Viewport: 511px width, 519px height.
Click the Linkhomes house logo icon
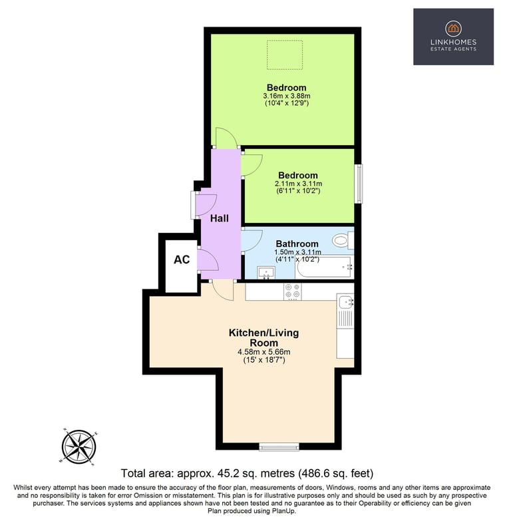coord(453,29)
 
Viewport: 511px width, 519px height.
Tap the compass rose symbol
coord(79,446)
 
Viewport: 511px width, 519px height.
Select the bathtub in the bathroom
coord(325,267)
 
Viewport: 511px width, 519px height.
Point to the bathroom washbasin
coord(266,273)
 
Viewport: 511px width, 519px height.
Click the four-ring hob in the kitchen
coord(293,291)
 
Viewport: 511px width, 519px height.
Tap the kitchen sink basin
coord(345,301)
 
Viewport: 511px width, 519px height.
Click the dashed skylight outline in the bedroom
coord(285,55)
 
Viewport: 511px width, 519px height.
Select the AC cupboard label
coord(182,259)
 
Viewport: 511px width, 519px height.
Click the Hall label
coord(220,218)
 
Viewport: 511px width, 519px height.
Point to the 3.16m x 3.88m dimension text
coord(287,96)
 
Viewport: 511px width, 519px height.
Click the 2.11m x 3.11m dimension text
coord(298,184)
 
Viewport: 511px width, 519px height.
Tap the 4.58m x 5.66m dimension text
coord(263,352)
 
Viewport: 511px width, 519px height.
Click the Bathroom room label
coord(297,244)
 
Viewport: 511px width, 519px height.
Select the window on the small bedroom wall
coord(359,184)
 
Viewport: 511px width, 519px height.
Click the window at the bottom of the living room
coord(279,447)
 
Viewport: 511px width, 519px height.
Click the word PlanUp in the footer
coord(284,511)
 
